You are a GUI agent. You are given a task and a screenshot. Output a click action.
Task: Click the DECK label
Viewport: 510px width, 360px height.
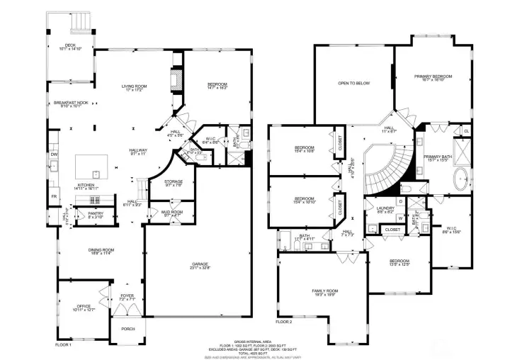(x=70, y=47)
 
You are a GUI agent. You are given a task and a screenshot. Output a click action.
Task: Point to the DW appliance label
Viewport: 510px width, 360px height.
(x=54, y=154)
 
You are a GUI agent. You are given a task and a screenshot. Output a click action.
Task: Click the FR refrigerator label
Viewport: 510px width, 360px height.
(x=54, y=196)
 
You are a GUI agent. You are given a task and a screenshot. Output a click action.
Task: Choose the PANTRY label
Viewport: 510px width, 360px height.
(x=96, y=215)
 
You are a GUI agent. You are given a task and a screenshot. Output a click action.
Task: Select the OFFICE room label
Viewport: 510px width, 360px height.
(x=84, y=307)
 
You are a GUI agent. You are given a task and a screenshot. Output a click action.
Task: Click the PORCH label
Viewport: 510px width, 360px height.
(x=127, y=329)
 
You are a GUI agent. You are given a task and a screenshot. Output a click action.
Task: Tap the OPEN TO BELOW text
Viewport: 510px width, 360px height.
(x=353, y=83)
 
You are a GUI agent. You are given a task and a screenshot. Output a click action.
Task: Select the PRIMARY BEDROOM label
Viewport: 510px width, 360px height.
(x=433, y=77)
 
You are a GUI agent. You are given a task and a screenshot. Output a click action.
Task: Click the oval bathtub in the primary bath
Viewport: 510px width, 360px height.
(x=460, y=176)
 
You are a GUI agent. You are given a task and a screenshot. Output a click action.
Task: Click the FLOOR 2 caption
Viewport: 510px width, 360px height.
(x=283, y=322)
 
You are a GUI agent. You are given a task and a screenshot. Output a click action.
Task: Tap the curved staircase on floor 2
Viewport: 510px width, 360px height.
(x=386, y=170)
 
